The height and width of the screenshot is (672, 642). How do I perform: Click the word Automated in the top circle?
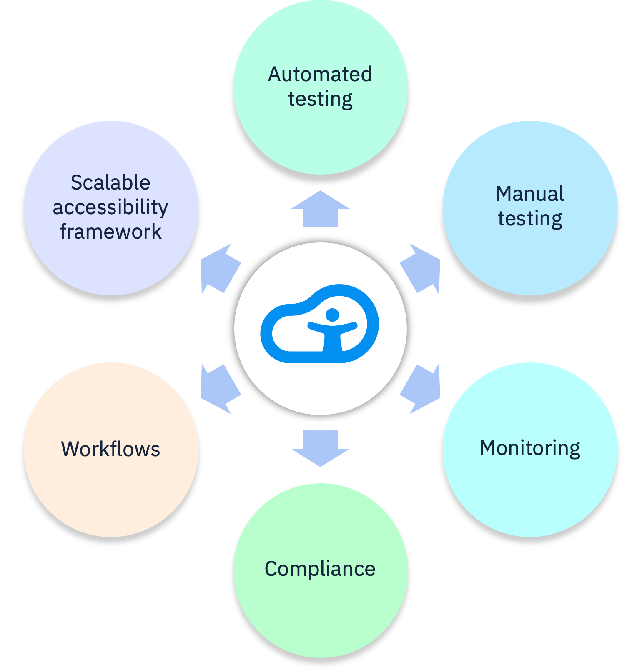[x=320, y=75]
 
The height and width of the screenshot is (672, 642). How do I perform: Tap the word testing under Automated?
[x=320, y=100]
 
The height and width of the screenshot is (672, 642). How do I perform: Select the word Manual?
[x=530, y=194]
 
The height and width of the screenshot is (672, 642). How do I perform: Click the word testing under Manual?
[x=530, y=219]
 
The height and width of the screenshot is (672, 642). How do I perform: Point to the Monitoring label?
[x=530, y=448]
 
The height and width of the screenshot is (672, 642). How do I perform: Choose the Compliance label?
[x=320, y=569]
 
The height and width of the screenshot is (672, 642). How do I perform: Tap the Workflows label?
[x=110, y=449]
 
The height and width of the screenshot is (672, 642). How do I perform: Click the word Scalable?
[x=110, y=182]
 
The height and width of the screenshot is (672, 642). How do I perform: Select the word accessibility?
[x=110, y=207]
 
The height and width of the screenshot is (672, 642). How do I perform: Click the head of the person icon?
[x=332, y=315]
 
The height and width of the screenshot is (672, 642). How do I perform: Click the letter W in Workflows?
[x=69, y=449]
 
